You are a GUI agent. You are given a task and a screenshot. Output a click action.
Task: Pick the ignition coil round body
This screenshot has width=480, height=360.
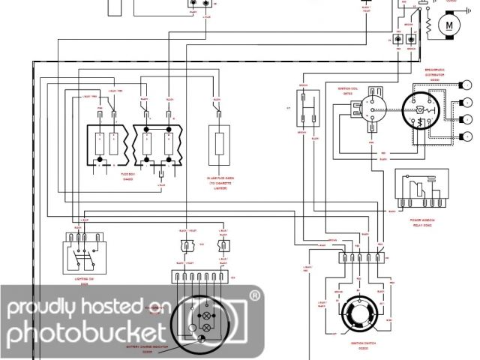click(x=370, y=109)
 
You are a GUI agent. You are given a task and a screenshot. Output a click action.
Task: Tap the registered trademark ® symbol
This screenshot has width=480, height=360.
click(x=255, y=296)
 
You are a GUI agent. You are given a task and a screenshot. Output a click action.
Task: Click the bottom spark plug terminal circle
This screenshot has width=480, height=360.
click(x=468, y=136)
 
